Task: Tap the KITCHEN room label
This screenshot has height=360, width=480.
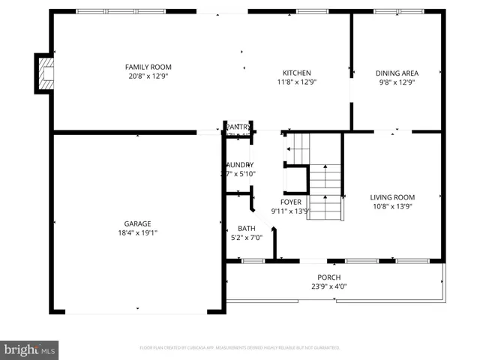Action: pos(296,73)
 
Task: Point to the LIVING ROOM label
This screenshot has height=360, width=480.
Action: pos(392,197)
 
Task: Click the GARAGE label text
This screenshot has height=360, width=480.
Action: pos(137,223)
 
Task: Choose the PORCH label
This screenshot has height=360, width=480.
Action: pos(328,277)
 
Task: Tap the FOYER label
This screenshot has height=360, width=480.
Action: pos(291,202)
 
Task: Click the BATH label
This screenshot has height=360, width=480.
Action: pos(246,229)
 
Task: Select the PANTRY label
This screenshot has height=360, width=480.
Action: pos(238,127)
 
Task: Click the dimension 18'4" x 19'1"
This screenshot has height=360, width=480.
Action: pos(137,233)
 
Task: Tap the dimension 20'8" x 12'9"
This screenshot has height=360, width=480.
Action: pos(148,76)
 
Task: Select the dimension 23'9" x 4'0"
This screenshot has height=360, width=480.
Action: pos(328,286)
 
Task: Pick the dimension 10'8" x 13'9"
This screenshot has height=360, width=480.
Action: pos(392,206)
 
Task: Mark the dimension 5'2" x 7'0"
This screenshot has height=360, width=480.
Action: pos(246,238)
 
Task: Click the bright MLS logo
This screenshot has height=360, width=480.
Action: pos(30,349)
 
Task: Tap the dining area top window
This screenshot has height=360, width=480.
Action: pos(397,11)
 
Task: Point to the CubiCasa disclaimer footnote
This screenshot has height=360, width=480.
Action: pos(239,348)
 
